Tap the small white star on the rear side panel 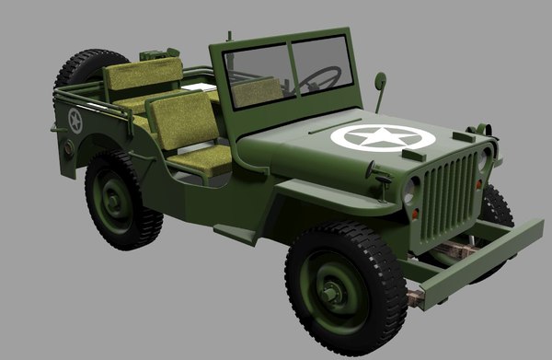tap(75, 121)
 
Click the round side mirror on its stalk tap(379, 81)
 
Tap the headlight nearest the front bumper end tap(409, 191)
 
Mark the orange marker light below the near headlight tap(414, 214)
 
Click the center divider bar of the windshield tap(290, 67)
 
